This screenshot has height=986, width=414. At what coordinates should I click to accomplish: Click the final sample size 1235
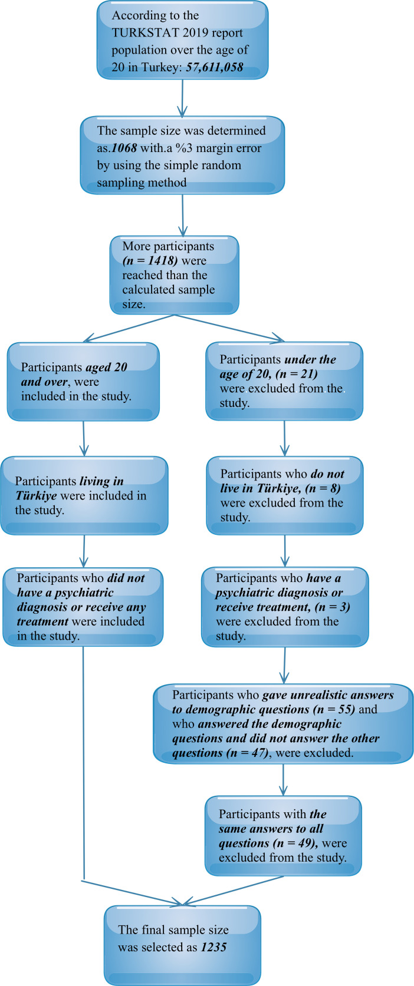point(213,947)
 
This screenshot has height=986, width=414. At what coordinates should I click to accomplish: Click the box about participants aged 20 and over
point(83,382)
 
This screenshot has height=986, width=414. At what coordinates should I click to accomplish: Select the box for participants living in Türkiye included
point(84,496)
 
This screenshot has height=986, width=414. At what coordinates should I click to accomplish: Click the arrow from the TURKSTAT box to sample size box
point(182,98)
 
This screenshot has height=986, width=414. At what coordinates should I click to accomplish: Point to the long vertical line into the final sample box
point(83,766)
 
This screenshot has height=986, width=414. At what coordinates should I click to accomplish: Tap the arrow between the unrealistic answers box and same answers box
point(284,780)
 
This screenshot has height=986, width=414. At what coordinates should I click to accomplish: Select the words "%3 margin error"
point(221,148)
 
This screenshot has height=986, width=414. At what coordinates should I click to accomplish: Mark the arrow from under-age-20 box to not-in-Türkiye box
point(284,438)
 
